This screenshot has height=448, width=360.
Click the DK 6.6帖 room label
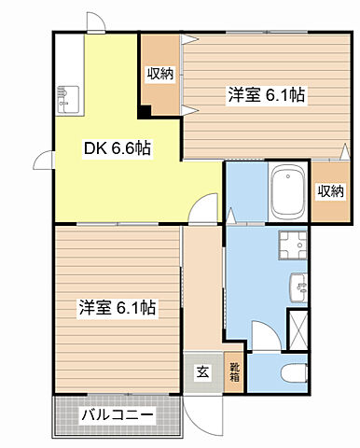point(120,148)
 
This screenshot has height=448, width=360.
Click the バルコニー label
point(117,413)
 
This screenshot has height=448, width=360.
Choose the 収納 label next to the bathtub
point(330,191)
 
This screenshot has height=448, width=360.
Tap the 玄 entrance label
point(202,372)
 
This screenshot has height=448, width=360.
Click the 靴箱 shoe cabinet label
point(235,373)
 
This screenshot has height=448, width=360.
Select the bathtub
point(286,191)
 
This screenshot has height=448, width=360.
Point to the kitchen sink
point(68,94)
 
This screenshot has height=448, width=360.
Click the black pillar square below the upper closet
point(145,112)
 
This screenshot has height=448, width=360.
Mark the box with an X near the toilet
point(299,328)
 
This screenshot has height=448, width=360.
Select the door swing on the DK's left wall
point(42,161)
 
